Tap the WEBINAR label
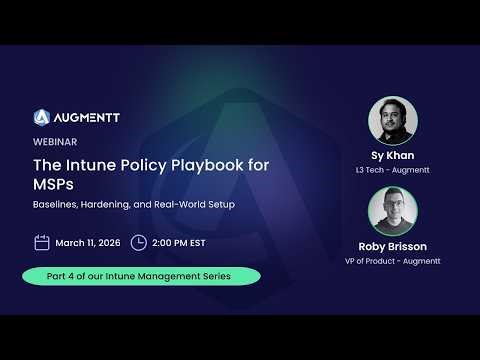(56, 142)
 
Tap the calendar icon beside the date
(42, 242)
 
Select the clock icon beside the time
(139, 242)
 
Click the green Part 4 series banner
(142, 276)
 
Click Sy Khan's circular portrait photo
(393, 121)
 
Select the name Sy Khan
(393, 158)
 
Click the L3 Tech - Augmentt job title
(393, 172)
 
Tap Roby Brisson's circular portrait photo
(393, 213)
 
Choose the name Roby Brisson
(393, 246)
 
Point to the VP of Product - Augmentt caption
(393, 261)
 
